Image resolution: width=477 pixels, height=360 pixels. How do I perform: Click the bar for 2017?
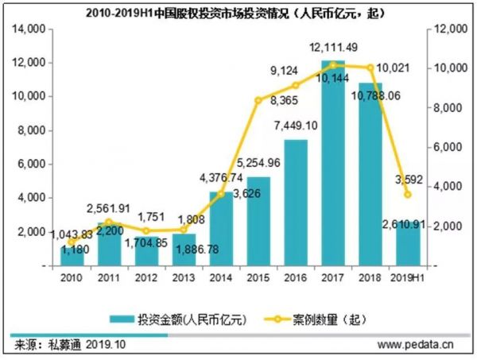coord(333,167)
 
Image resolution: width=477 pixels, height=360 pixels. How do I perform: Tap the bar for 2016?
coord(296,203)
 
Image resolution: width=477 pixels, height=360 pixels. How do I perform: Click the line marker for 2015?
coord(258,100)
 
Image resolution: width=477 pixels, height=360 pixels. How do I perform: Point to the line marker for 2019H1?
coord(408,195)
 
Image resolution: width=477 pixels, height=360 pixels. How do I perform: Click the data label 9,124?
coord(285,70)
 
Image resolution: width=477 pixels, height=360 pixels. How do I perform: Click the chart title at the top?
coord(238,10)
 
